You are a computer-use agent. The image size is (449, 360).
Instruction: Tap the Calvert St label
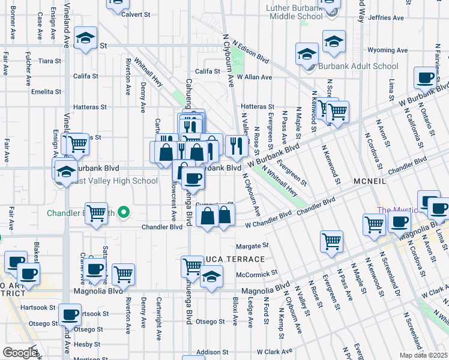[x=136, y=14]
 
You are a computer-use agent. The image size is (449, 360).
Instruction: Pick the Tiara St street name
[x=50, y=61]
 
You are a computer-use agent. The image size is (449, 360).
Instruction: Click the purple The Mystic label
[x=393, y=210]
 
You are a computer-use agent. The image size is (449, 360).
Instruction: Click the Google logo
[x=20, y=353]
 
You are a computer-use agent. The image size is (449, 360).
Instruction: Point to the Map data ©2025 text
[x=423, y=355]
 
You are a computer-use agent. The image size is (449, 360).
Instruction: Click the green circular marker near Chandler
[x=124, y=212]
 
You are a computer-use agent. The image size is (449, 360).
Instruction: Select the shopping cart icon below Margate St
[x=331, y=241]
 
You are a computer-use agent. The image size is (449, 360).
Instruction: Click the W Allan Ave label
[x=255, y=77]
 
